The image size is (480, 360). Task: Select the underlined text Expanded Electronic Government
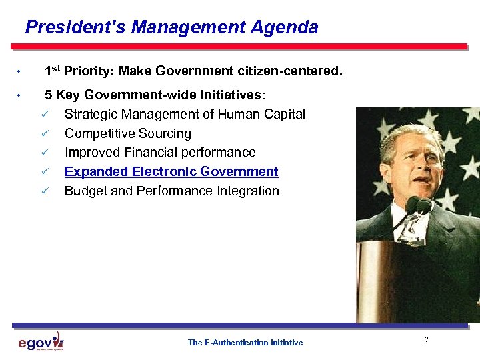point(171,171)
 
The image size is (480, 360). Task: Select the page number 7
point(426,341)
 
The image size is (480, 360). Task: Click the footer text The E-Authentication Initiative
point(245,343)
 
